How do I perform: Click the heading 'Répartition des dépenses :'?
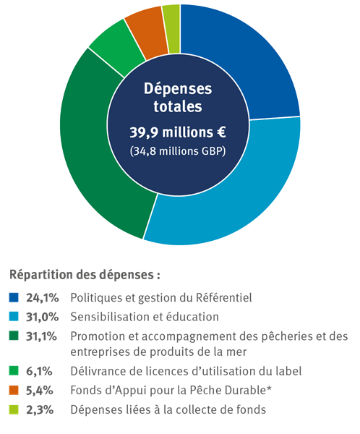84,276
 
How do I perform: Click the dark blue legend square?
14,298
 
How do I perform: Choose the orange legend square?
14,391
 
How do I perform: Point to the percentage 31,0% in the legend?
43,317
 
